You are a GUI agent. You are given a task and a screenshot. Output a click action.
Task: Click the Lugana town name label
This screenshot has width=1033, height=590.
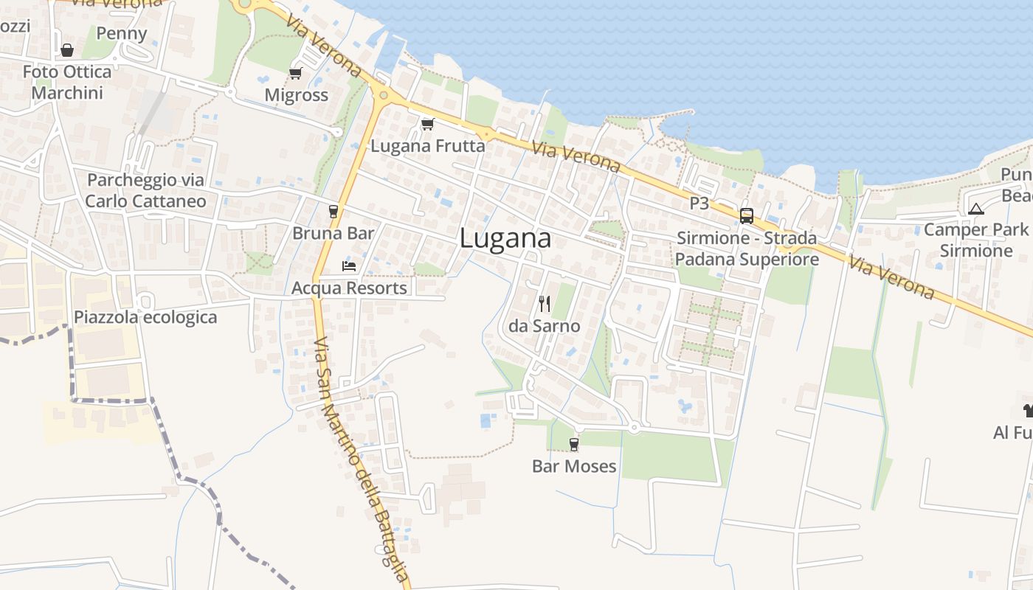[x=505, y=238]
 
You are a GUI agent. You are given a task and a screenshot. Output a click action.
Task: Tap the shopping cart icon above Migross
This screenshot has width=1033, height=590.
[x=296, y=73]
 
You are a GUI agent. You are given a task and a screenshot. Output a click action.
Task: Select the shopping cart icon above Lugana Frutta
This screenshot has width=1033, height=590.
[x=427, y=124]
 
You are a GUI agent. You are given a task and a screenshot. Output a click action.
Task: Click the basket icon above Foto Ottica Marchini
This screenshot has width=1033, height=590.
[x=67, y=50]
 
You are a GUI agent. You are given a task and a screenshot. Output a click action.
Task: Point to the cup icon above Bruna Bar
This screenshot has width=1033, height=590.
[x=334, y=211]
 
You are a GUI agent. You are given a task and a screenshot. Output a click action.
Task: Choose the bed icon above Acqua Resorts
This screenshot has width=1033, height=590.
[x=349, y=265]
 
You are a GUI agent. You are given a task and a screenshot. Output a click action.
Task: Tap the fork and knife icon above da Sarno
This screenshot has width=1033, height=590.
[x=545, y=303]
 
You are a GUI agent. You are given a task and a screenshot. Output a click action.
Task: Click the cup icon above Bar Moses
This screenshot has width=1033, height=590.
[x=574, y=444]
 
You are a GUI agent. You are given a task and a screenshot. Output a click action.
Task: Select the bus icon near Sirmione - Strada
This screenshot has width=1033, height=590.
[x=747, y=216]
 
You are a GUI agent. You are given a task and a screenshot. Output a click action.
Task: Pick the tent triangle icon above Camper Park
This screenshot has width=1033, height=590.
[x=976, y=209]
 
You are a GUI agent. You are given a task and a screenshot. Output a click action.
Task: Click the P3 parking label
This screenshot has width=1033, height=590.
[x=699, y=203]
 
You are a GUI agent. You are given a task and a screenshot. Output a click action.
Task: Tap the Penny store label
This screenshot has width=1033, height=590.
[x=122, y=33]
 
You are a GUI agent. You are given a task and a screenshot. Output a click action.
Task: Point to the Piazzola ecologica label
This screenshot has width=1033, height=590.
[x=145, y=317]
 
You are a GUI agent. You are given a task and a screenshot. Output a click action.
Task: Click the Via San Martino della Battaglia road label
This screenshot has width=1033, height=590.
[x=361, y=460]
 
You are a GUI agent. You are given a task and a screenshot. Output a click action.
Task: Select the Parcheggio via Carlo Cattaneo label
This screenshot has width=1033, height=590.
[x=145, y=190]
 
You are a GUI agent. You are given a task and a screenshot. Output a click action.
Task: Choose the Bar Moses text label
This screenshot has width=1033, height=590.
[x=574, y=466]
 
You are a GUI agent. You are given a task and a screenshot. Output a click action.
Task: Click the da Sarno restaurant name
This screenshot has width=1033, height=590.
[x=545, y=326]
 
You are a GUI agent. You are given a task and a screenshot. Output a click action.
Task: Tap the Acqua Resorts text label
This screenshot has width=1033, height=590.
[x=349, y=288]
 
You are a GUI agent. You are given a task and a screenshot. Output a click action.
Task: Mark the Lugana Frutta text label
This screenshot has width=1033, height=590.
[x=428, y=146]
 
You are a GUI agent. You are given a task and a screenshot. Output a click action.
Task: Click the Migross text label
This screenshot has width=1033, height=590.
[x=296, y=95]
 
